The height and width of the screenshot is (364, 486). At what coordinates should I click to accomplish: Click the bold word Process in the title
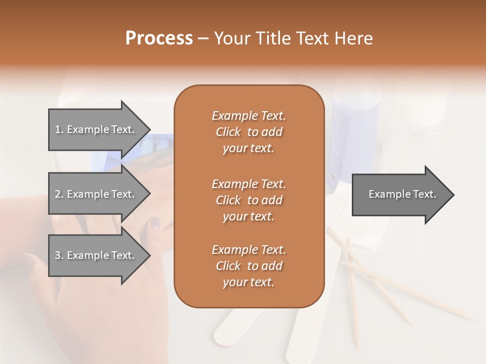coord(159,38)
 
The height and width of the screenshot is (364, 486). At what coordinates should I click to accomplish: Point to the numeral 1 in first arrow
coord(57,129)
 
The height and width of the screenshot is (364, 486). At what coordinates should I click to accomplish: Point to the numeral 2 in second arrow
coord(58,194)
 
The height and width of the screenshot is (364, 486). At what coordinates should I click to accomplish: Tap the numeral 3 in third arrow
coord(58,255)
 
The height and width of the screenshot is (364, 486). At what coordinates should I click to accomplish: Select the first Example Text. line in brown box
coord(249,116)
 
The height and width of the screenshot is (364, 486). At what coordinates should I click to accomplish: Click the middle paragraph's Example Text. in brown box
coord(249,184)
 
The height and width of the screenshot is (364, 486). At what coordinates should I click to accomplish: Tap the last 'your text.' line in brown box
coord(249,283)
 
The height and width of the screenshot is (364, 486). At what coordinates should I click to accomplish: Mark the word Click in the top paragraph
coord(228,132)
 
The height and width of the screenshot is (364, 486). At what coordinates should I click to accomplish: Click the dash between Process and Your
coord(204,39)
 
